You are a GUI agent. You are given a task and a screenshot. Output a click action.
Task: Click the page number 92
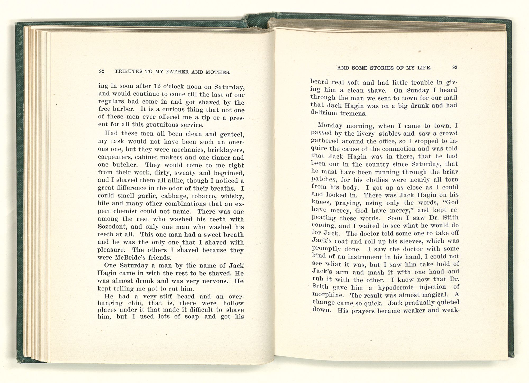[102, 71]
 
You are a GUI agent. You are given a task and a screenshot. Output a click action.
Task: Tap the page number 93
[455, 67]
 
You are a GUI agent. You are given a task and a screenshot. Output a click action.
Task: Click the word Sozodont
[112, 227]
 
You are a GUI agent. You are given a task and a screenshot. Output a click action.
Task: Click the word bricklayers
[225, 150]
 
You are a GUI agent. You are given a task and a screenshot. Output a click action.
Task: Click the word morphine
[329, 294]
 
